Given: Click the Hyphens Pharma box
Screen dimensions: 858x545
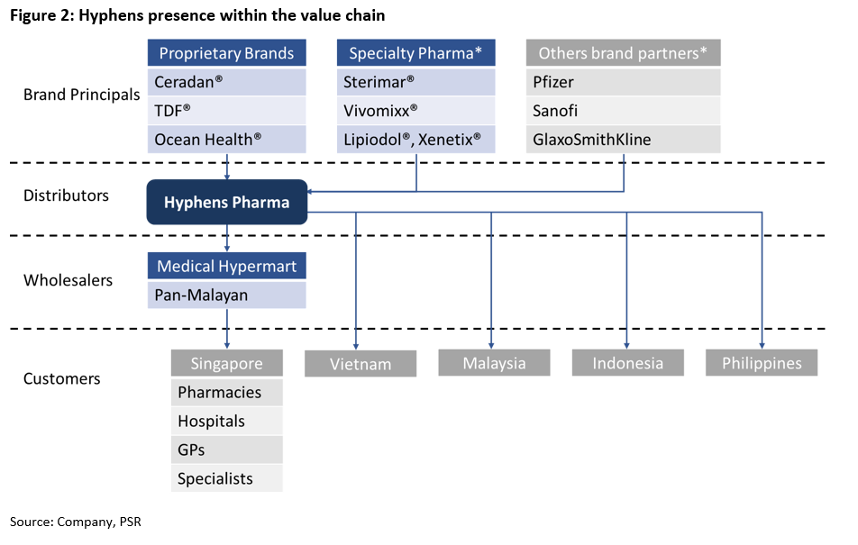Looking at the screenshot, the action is tap(226, 202).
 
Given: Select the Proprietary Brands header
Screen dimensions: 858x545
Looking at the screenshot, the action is tap(226, 53).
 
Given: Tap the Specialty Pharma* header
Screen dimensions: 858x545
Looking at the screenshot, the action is tap(415, 53).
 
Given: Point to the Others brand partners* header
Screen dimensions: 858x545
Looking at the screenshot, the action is tap(624, 53).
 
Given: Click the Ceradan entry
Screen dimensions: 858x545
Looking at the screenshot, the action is tap(226, 82).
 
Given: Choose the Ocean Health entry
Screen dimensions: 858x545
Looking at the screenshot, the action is tap(226, 140).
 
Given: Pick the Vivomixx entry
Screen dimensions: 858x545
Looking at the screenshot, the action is tap(415, 111).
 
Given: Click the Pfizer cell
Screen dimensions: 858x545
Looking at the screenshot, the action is tap(624, 82).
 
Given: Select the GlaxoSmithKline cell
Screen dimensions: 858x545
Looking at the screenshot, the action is tap(624, 140).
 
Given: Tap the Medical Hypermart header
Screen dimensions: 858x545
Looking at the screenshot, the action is tap(226, 266).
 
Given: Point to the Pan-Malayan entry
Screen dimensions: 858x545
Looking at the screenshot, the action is tap(226, 295).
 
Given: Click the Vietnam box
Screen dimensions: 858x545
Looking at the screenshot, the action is tap(361, 364).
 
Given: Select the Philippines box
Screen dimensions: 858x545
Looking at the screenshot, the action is tap(762, 363).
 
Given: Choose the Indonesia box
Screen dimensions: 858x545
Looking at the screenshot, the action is tap(628, 363).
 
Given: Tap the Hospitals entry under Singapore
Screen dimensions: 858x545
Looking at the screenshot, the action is tap(226, 421).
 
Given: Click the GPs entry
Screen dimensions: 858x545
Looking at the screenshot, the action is tap(226, 450).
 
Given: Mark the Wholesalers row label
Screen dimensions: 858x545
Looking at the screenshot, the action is tap(68, 280).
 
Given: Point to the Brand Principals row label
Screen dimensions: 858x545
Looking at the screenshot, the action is tap(81, 95).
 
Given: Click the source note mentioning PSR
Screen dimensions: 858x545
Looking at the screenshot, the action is tap(76, 522).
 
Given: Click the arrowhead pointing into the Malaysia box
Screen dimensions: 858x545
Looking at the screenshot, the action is tap(491, 346).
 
